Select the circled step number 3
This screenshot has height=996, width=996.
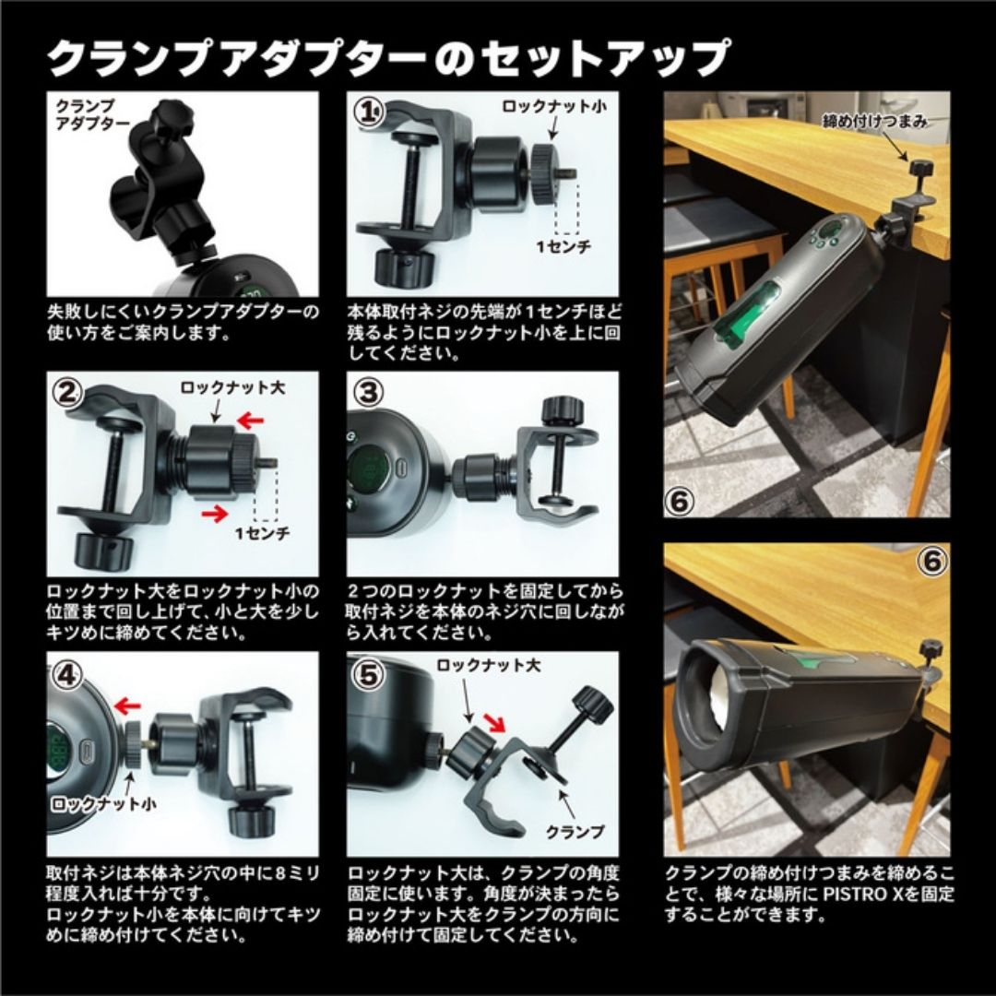click(x=369, y=392)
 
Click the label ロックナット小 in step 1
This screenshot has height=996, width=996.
click(x=554, y=106)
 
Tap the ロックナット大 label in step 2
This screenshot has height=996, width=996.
click(x=232, y=387)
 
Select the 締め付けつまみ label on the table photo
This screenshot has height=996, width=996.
click(x=875, y=122)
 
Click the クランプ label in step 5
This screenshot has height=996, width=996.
click(x=575, y=831)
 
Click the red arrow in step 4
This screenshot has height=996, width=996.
click(x=127, y=705)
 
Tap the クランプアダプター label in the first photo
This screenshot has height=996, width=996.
click(x=92, y=113)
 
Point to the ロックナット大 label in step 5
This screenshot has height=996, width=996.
click(x=489, y=665)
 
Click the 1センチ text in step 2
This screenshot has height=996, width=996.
click(x=263, y=533)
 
